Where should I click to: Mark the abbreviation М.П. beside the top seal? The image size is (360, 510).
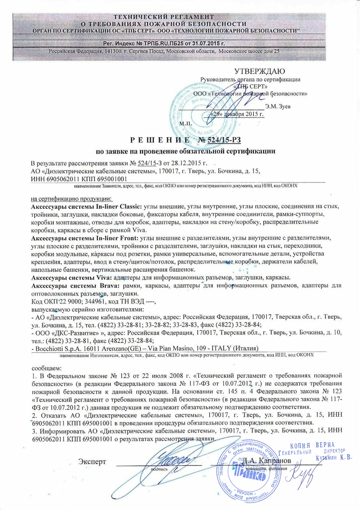point(185,124)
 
